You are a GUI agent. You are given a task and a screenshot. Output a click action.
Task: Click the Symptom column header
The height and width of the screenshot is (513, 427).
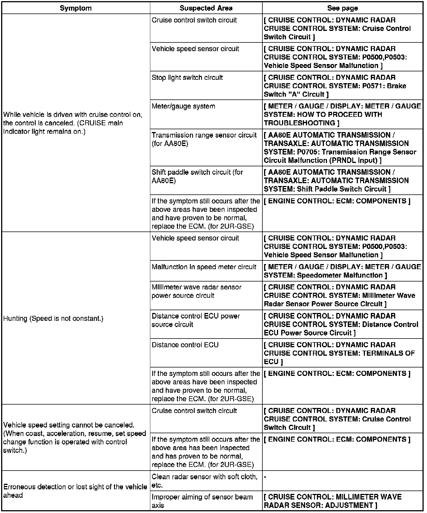tap(76, 8)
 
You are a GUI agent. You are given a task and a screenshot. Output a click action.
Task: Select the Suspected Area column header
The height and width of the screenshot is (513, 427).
tap(206, 8)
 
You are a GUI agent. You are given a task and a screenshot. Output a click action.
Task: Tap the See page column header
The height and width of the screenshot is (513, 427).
tap(342, 8)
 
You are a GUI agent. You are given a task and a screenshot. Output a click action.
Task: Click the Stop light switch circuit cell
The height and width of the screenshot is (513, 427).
tap(187, 78)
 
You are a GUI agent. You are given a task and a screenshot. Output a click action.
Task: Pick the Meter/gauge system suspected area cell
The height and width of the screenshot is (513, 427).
tap(183, 106)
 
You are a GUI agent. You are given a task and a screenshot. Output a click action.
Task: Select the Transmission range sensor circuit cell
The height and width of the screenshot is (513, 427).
tap(204, 139)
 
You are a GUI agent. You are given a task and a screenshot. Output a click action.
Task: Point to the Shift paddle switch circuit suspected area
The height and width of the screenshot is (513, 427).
tap(197, 176)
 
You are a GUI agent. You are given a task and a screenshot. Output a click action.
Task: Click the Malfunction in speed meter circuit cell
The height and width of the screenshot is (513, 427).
tap(204, 267)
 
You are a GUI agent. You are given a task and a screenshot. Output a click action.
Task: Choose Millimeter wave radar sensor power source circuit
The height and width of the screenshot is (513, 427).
tap(196, 291)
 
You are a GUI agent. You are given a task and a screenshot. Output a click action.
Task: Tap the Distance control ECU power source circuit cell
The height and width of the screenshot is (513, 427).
tap(196, 320)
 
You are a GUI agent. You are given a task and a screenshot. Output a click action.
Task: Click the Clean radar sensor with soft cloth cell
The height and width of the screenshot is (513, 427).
tap(204, 481)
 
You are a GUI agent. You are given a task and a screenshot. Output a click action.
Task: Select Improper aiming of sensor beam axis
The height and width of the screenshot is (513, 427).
tap(202, 501)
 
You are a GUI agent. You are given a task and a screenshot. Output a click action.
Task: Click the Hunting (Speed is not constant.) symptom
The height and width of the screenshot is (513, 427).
tap(53, 318)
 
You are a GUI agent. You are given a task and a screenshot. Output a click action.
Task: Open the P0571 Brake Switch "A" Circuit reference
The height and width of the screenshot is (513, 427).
tap(335, 86)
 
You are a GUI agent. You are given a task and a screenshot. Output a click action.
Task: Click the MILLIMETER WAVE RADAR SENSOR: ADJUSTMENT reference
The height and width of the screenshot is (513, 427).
tap(333, 501)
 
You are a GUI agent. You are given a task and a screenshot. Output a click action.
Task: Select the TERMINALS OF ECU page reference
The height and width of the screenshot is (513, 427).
tap(339, 353)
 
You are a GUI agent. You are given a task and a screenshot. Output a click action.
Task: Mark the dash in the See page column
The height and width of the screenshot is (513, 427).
tap(265, 477)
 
